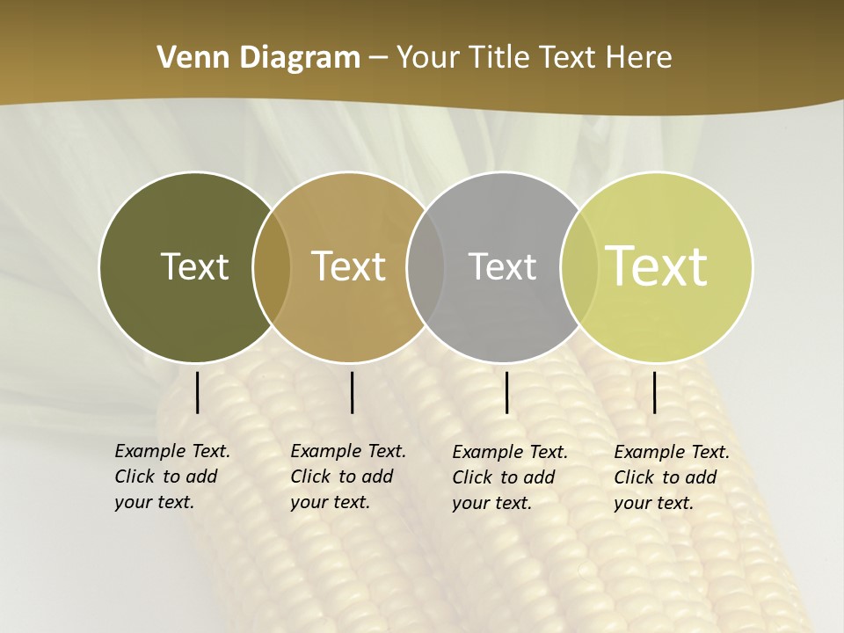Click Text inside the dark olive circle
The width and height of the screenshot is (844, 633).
pos(194,266)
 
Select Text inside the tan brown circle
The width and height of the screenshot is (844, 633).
pos(349,266)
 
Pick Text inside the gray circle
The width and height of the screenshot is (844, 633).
pos(502,266)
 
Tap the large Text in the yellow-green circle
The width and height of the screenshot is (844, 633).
pos(657,266)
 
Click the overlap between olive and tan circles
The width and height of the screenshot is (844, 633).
pos(272,267)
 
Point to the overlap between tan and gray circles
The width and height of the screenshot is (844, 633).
pos(426,267)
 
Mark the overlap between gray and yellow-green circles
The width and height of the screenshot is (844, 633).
pos(579,267)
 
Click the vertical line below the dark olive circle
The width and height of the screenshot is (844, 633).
pos(198,392)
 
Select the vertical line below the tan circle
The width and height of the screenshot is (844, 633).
pos(352,392)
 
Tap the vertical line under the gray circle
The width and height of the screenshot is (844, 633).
pos(507,392)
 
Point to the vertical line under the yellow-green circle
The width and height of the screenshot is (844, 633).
pos(655,392)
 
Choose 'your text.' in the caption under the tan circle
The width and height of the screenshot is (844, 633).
pos(330,502)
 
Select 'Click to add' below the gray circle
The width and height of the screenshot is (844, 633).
pos(503,477)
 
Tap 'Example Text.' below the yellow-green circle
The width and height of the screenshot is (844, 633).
pos(672,452)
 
